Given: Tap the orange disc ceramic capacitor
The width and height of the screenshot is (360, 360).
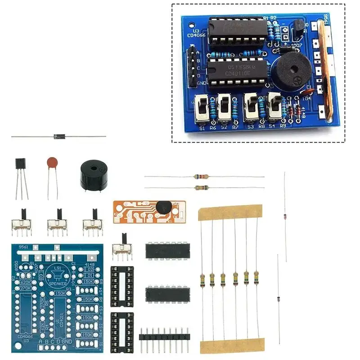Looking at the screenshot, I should pos(52,162).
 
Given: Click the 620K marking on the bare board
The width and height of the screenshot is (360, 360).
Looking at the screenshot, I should pos(25,282).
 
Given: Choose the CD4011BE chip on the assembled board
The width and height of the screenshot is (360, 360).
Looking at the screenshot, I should pos(238,72).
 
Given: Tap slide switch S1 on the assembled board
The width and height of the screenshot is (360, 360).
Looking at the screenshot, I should pos(202,109).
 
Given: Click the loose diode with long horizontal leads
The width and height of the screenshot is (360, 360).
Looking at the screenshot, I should pos(59,136).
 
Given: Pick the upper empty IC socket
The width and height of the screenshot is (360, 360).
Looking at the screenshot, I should pos(122,283).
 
